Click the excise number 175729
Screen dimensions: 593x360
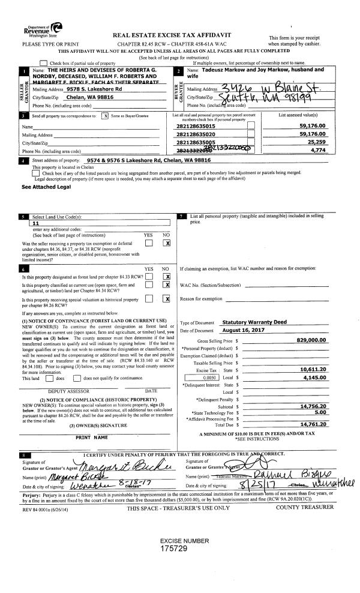(x=180, y=549)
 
